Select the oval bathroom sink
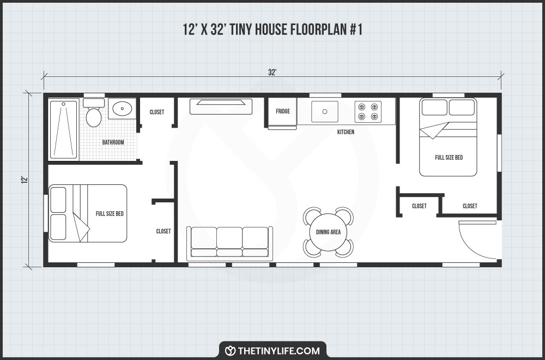coord(122,109)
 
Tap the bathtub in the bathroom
coord(64,130)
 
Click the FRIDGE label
coord(282,111)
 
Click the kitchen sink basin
coord(325,111)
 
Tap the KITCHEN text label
coord(346,132)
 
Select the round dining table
coord(328,232)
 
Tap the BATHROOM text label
coord(113,142)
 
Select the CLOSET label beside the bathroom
coord(157,112)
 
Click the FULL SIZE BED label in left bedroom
coord(110,213)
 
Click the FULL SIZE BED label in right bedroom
coord(449,158)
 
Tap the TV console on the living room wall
coord(221,106)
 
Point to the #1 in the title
coord(354,31)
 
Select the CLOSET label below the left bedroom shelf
coord(163,231)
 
